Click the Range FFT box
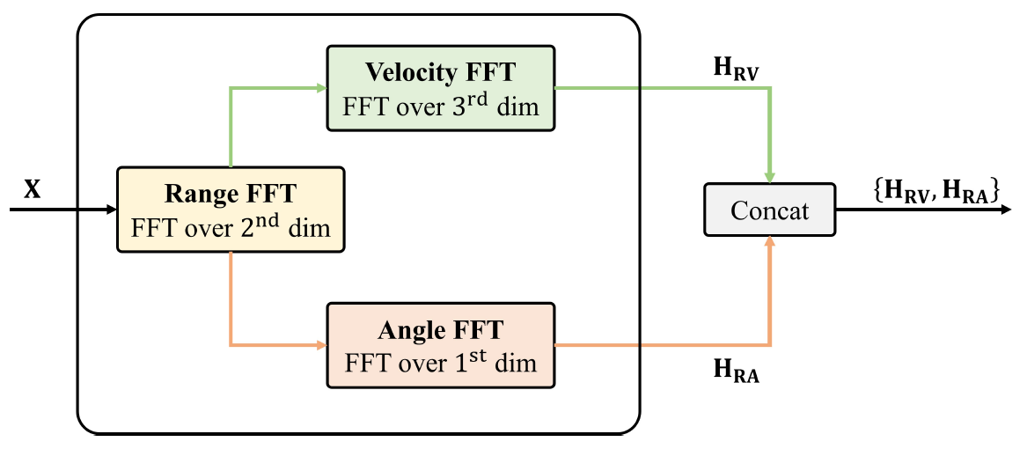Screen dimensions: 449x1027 pos(230,210)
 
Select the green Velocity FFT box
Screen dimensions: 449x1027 pos(440,88)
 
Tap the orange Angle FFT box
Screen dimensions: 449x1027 pos(440,345)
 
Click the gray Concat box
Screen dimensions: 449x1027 pos(769,210)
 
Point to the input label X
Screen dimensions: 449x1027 pos(33,189)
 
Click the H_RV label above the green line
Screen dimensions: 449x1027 pos(736,67)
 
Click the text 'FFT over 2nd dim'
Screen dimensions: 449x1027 pos(231,227)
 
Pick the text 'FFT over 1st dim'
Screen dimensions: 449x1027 pos(440,361)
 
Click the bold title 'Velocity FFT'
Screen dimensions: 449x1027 pos(440,70)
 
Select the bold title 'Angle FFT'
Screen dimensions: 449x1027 pos(440,330)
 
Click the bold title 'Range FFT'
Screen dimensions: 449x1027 pos(231,193)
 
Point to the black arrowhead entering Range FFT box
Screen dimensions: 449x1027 pos(112,210)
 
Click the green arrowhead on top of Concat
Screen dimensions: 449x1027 pos(770,178)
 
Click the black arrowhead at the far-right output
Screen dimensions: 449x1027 pos(1013,210)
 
